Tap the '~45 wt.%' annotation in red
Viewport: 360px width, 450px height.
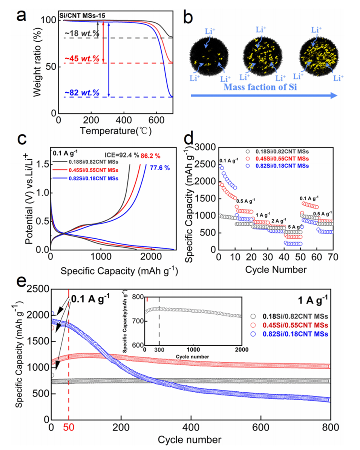[x=81, y=59]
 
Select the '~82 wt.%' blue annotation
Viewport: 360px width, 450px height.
[x=81, y=93]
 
